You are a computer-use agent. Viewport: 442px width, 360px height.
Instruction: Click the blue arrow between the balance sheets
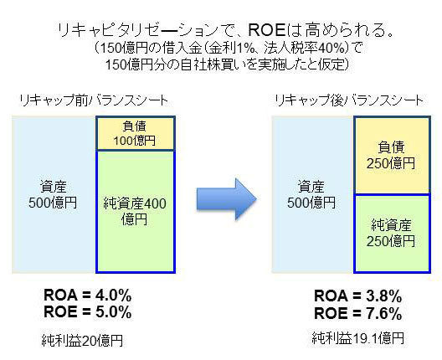click(226, 199)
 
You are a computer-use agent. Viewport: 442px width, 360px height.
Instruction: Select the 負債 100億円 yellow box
click(136, 133)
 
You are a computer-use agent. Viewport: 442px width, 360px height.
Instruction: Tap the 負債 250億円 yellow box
click(392, 155)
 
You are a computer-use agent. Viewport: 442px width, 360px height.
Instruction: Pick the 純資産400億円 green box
click(136, 212)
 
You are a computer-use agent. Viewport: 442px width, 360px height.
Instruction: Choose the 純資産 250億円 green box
click(392, 234)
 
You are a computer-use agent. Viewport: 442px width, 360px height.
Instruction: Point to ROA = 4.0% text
click(88, 296)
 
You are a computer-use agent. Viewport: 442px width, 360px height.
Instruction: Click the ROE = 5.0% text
click(88, 312)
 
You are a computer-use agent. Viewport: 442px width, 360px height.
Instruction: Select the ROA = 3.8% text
click(358, 296)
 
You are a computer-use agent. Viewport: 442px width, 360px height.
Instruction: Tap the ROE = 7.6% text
click(358, 313)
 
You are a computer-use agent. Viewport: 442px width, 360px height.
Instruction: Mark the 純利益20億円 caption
click(82, 340)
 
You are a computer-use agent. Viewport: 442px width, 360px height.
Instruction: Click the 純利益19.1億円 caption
click(358, 338)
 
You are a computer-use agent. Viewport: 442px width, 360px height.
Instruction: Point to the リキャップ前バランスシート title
click(94, 100)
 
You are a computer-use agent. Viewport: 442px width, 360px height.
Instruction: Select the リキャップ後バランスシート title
click(349, 100)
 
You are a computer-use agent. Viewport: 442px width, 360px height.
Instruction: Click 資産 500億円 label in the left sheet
click(53, 194)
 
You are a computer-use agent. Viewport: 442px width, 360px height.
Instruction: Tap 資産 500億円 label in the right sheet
click(311, 194)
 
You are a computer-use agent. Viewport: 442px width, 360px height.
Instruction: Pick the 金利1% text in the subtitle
click(229, 49)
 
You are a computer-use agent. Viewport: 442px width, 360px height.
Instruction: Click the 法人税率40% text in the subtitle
click(305, 49)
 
